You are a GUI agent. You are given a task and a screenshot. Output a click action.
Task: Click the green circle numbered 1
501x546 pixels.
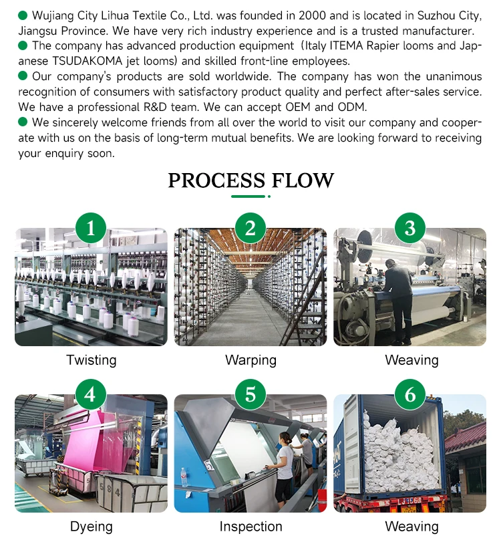pos(91,229)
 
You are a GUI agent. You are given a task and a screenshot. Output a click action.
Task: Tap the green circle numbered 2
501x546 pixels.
pos(251,229)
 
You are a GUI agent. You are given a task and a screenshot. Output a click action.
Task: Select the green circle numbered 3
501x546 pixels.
pos(410,229)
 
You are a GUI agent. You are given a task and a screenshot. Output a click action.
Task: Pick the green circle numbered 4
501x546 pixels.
pos(91,395)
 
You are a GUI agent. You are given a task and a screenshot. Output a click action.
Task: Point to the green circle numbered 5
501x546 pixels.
pos(251,395)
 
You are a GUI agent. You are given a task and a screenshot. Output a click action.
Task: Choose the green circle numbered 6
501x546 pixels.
pos(410,395)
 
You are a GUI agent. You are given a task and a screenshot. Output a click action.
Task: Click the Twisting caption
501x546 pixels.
pos(91,360)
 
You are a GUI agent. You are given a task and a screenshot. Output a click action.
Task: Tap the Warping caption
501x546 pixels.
pos(251,360)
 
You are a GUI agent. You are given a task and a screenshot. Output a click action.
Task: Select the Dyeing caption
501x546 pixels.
pos(91,527)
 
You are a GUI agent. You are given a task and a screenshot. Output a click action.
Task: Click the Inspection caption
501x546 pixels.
pos(251,527)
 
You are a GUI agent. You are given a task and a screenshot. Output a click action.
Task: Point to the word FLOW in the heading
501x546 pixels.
pos(303,180)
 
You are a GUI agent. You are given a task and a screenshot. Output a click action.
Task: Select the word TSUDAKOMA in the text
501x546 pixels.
pos(83,61)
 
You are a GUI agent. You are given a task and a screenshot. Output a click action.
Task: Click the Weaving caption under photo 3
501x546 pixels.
pos(411,360)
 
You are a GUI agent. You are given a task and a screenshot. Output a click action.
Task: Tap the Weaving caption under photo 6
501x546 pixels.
pos(411,527)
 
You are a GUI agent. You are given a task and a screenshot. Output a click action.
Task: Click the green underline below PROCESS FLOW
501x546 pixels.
pos(248,196)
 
